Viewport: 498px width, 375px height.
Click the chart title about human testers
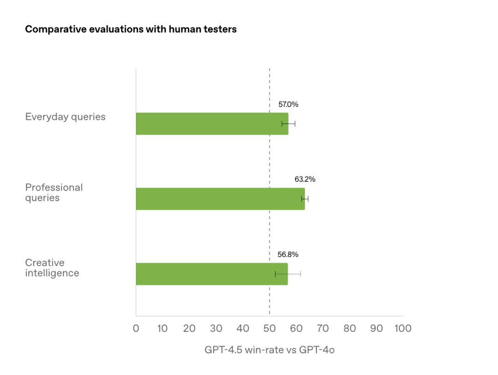click(130, 30)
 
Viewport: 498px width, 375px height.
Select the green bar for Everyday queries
click(212, 124)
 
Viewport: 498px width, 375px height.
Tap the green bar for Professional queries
click(220, 199)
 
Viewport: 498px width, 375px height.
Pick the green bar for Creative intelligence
click(212, 274)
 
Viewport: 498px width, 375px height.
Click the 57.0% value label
click(288, 104)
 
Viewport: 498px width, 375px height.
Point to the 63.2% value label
click(305, 179)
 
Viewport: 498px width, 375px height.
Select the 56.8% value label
click(287, 255)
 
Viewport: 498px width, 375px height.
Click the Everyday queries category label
click(65, 117)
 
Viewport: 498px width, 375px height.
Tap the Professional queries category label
click(54, 192)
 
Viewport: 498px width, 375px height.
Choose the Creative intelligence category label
click(52, 268)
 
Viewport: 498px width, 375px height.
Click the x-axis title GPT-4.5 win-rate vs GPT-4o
click(269, 350)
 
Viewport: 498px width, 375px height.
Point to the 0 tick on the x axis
click(136, 328)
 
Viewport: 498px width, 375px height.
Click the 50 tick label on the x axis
click(269, 328)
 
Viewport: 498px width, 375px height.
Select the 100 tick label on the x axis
click(403, 328)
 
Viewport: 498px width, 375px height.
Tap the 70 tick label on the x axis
click(323, 328)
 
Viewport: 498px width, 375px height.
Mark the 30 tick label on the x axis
click(216, 328)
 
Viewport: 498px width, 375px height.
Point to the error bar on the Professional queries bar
click(305, 199)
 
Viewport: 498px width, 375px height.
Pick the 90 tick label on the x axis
click(376, 328)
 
